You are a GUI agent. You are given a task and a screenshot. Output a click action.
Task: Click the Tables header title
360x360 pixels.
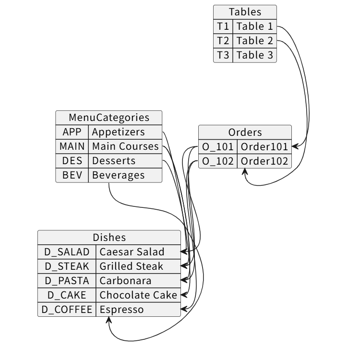coord(245,12)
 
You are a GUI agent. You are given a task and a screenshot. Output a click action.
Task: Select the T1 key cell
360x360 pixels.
coord(223,26)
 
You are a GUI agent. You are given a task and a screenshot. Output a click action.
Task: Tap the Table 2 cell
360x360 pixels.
coord(254,41)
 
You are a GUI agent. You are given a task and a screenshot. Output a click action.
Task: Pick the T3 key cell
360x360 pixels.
coord(223,55)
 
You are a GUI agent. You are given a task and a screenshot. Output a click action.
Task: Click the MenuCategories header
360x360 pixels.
coord(109,118)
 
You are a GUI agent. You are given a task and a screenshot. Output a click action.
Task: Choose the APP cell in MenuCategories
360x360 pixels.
coord(72,132)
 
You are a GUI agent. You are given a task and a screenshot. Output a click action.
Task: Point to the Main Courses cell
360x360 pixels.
coord(125,146)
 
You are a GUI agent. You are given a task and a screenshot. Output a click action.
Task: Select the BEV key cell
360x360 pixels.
coord(72,175)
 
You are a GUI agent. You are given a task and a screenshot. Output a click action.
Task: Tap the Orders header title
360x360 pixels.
coord(245,132)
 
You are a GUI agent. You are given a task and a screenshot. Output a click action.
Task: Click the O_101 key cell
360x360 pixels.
coord(217,146)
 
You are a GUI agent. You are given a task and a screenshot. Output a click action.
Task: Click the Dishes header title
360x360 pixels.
coord(109,237)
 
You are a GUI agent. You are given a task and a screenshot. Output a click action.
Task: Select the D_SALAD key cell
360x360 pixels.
coord(67,252)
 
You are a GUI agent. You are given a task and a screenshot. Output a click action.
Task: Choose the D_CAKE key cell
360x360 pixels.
coord(67,295)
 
